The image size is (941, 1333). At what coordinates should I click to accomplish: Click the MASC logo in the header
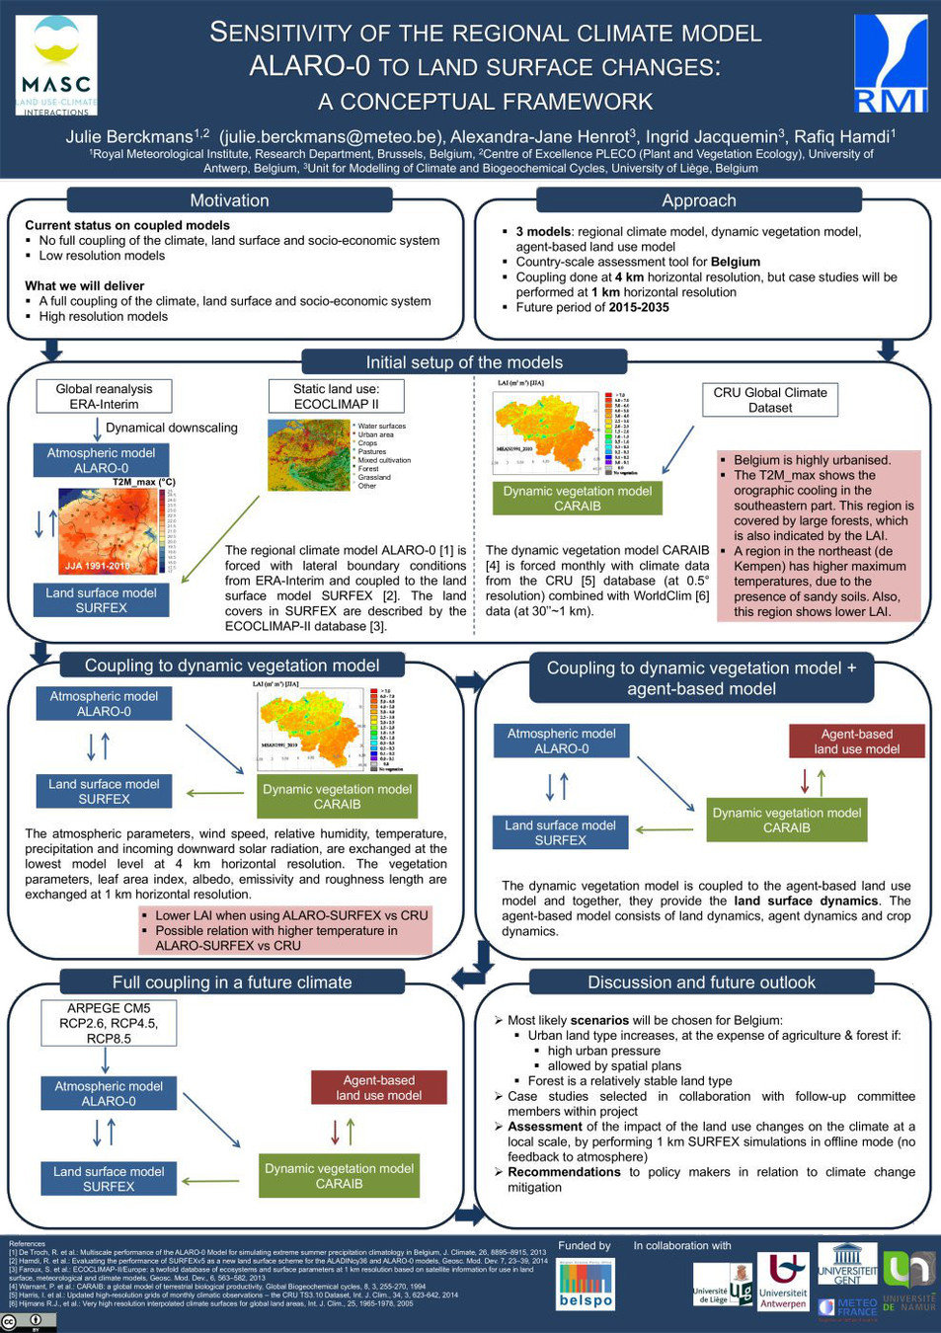pos(56,65)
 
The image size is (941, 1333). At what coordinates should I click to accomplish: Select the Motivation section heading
pos(229,200)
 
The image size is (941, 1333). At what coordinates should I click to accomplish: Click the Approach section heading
pos(699,200)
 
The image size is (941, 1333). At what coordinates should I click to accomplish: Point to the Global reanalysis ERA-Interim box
pos(104,396)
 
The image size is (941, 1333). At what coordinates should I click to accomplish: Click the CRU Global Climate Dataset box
pos(770,400)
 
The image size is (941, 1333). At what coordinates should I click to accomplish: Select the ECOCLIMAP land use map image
pos(308,455)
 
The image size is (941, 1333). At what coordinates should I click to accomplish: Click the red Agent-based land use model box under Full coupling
pos(378,1087)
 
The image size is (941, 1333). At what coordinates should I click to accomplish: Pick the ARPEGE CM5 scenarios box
pos(109,1023)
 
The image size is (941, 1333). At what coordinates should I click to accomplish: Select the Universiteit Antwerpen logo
pos(782,1282)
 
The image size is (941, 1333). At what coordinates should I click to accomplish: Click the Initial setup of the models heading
pos(464,362)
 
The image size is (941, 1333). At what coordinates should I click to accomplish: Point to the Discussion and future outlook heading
pos(701,982)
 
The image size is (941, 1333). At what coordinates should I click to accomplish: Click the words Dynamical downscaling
pos(172,428)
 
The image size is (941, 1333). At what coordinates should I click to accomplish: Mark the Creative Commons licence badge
pos(29,1322)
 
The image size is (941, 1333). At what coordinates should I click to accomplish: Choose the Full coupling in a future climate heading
pos(232,982)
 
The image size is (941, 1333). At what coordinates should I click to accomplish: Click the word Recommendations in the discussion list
pos(564,1172)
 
